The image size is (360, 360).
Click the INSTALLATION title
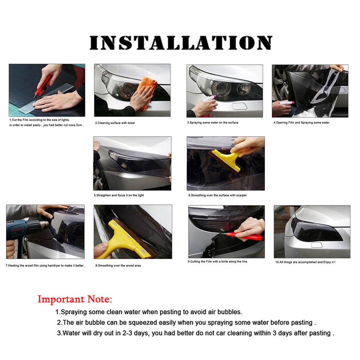click(x=181, y=43)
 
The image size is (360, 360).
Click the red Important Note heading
click(x=75, y=300)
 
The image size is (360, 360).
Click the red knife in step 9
click(x=244, y=236)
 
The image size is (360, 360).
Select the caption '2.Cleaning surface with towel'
click(x=115, y=123)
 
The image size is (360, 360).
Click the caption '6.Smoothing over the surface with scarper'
click(x=217, y=195)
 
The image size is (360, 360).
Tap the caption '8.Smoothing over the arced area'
click(x=118, y=266)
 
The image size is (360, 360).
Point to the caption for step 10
click(x=305, y=262)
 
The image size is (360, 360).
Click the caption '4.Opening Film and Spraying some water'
click(x=301, y=123)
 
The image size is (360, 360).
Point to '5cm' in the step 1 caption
click(x=79, y=125)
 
